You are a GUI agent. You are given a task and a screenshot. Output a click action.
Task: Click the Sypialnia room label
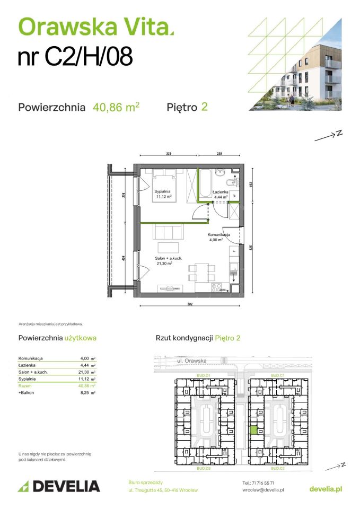pos(162,191)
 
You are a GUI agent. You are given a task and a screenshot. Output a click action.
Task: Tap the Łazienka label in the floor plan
pos(220,191)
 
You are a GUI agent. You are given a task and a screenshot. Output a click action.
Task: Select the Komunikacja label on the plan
pos(218,234)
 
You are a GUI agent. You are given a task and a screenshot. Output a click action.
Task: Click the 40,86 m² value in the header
pos(116,107)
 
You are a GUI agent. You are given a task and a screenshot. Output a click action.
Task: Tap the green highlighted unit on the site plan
pos(253,431)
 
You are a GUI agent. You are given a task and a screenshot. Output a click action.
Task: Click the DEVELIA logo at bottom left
pos(59,486)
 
